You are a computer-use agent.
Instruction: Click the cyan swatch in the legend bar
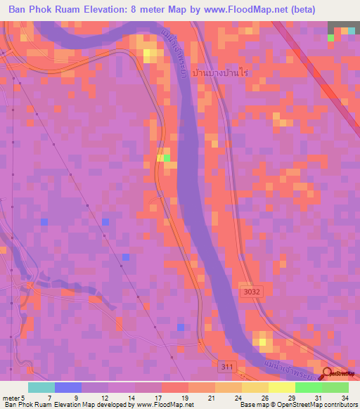41,387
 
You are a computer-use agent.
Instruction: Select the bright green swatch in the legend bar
309,387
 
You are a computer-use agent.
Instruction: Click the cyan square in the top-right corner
350,31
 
